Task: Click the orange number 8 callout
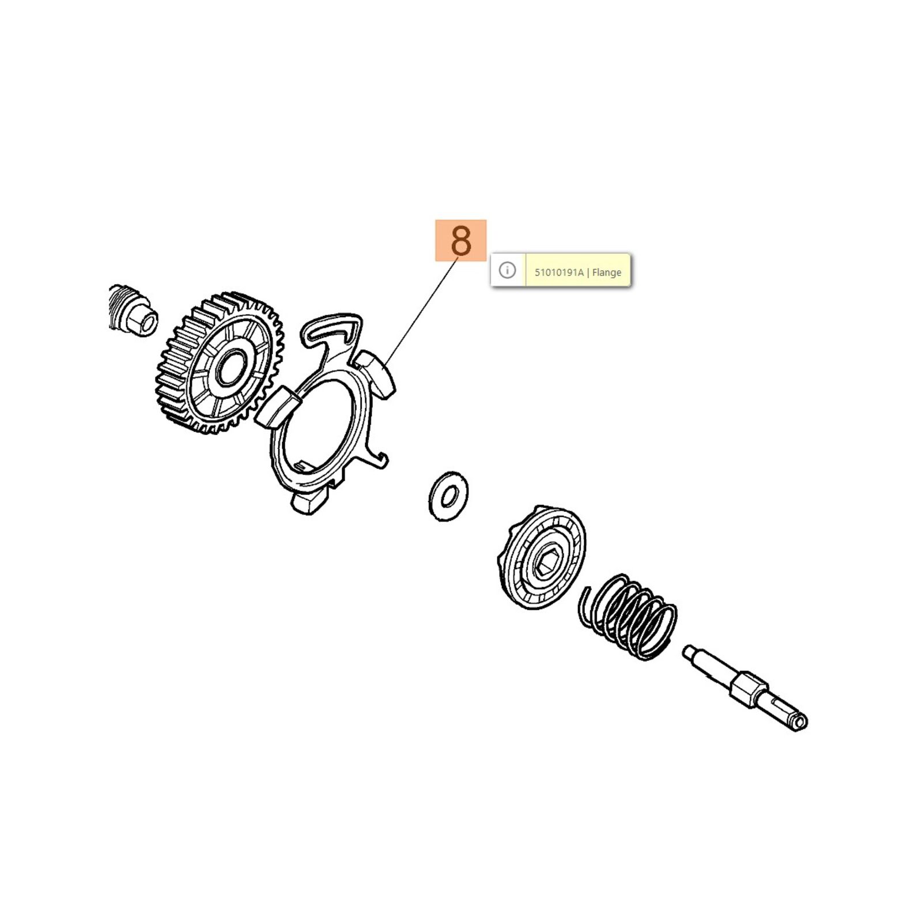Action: coord(460,240)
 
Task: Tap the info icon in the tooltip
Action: coord(507,270)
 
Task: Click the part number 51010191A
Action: coord(559,273)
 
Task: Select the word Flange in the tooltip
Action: coord(607,273)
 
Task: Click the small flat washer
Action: coord(448,496)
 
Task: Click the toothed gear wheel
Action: coord(221,363)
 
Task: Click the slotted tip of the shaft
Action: coord(798,721)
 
